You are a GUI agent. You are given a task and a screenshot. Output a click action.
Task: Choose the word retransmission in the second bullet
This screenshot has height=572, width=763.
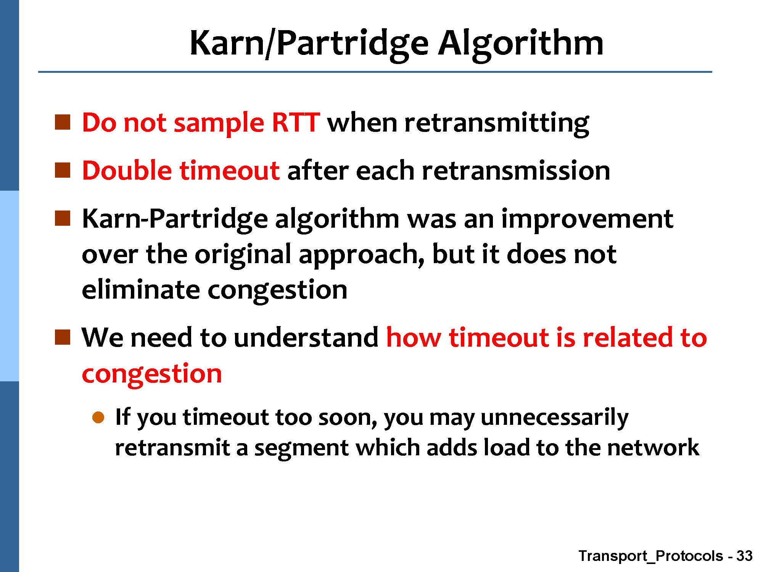516,170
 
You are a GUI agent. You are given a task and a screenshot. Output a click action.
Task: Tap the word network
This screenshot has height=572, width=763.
653,447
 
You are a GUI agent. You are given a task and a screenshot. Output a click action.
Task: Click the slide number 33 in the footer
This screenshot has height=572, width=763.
744,556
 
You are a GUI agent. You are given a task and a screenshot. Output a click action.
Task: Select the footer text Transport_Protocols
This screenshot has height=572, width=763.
650,556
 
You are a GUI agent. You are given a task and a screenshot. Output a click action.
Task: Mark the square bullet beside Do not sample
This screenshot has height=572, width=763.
63,122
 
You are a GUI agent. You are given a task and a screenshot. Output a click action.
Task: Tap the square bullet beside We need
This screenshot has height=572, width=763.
63,337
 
